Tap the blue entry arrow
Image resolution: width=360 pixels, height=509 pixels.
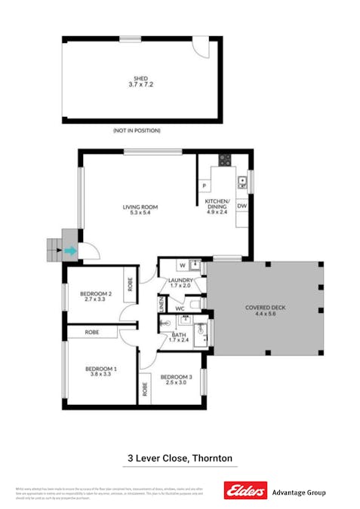[70, 251]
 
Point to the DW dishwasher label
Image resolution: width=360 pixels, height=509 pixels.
[242, 205]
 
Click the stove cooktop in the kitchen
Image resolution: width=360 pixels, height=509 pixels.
[224, 159]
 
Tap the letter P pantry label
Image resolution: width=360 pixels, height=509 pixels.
[204, 186]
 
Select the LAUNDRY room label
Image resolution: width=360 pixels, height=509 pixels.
[182, 283]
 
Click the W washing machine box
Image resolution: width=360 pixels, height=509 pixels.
[183, 265]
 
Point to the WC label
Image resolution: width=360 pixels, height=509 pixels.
[180, 309]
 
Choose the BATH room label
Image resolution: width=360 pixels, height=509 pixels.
[179, 337]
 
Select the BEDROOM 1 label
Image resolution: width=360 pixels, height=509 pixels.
[100, 370]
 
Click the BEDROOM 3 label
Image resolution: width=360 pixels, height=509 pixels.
[175, 379]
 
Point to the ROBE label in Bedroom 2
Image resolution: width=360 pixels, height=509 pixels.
[130, 285]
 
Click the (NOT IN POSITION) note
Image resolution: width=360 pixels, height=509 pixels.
[137, 130]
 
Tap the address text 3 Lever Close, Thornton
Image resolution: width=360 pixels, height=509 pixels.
[178, 458]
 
